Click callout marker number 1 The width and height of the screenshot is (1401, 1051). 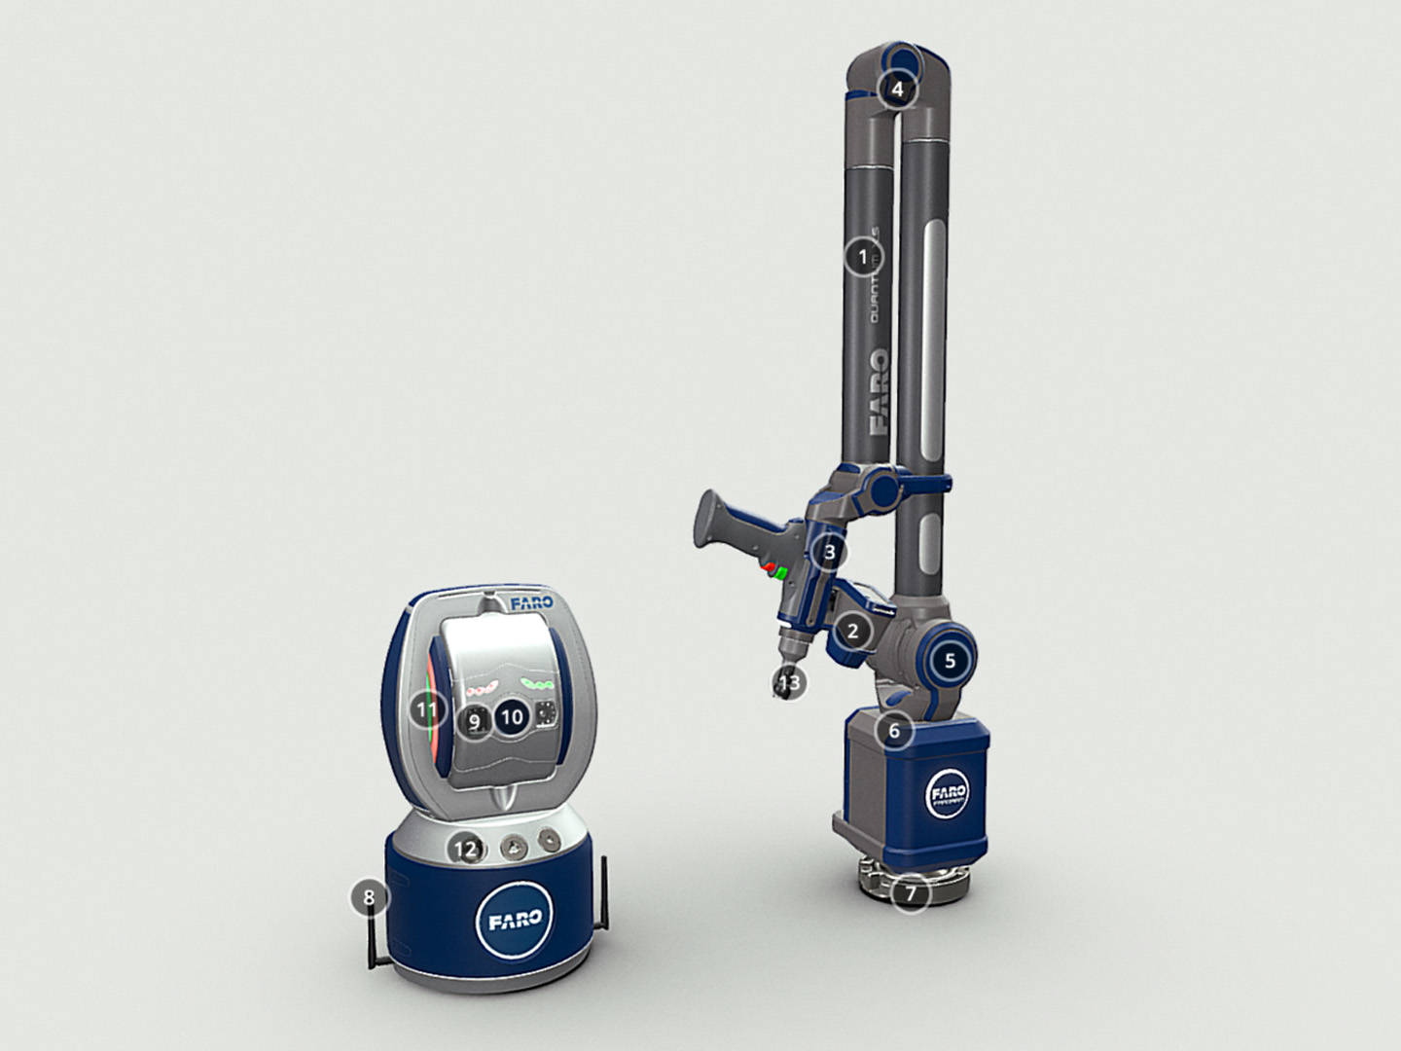(x=861, y=258)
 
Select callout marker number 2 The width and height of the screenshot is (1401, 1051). (x=853, y=631)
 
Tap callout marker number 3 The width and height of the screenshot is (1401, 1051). (x=829, y=553)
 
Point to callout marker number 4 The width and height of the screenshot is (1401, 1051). (x=897, y=90)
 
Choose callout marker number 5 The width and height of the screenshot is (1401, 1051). (x=951, y=660)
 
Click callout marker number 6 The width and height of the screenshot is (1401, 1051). (x=895, y=730)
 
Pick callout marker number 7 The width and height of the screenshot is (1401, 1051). (x=911, y=891)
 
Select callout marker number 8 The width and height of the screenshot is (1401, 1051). (x=369, y=896)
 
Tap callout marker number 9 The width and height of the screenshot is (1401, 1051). (x=475, y=722)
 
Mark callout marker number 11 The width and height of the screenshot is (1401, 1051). (x=426, y=709)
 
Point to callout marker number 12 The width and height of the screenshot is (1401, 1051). (x=467, y=850)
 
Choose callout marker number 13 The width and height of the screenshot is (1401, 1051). (x=790, y=683)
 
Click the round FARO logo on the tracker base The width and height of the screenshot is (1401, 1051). (x=515, y=921)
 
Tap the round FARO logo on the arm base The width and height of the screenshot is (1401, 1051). (x=948, y=794)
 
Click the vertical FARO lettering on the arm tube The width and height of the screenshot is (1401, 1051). (x=878, y=391)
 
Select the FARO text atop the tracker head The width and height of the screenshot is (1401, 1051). (x=531, y=603)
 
